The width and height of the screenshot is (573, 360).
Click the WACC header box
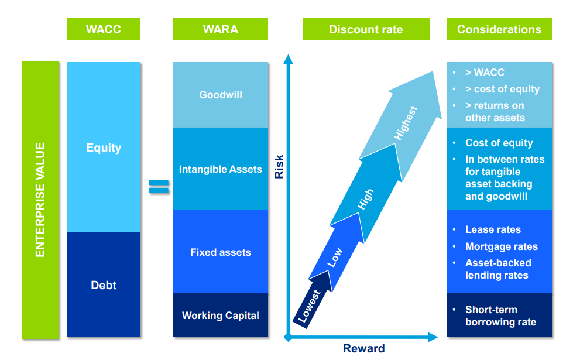coord(104,29)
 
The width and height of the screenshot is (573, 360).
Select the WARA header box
coord(220,29)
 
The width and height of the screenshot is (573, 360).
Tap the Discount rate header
coord(366,29)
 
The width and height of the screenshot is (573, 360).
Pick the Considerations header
coord(499,29)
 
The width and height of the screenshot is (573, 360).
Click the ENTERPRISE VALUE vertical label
coord(40,200)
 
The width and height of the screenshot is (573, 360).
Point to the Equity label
coord(104,148)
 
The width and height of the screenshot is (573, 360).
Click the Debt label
coord(104,285)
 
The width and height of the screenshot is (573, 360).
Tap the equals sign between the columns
coord(159,186)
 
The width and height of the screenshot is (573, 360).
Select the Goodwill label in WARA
coord(221,95)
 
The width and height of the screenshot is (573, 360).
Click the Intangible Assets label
coord(220,169)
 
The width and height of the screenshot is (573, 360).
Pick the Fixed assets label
coord(221,252)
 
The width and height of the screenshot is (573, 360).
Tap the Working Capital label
coord(221,316)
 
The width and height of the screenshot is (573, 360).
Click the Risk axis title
coord(279,167)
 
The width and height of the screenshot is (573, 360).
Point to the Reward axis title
coord(364,348)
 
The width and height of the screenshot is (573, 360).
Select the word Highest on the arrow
coord(406,123)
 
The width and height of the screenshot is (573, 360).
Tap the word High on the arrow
coord(365,200)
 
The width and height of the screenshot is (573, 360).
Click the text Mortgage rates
coord(502,246)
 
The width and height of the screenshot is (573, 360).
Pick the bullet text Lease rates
coord(493,229)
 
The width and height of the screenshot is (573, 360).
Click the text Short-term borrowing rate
coord(500,316)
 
